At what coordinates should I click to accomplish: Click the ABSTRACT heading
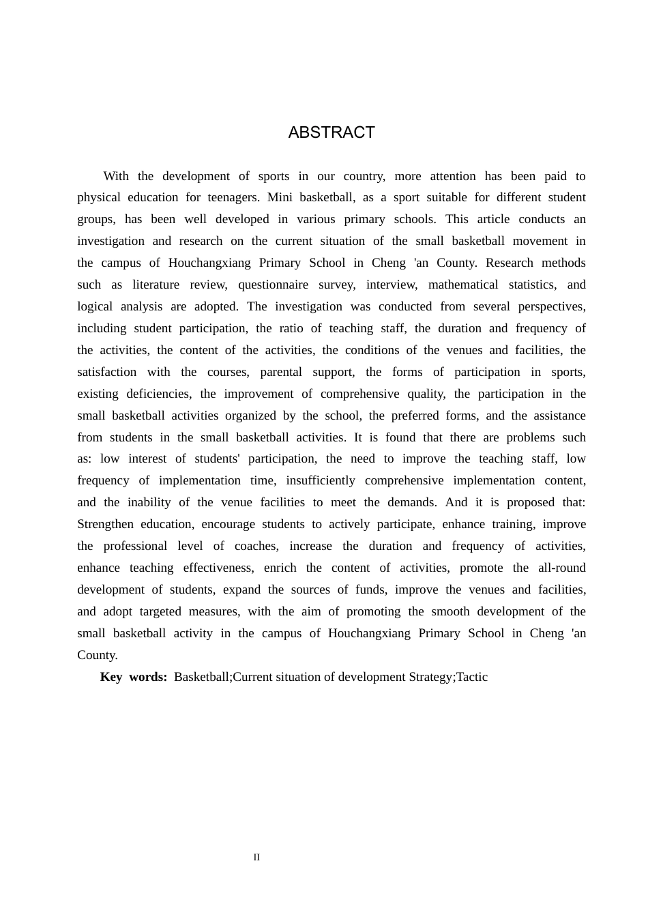click(332, 132)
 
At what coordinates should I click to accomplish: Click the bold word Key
click(111, 677)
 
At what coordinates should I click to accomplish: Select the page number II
click(256, 858)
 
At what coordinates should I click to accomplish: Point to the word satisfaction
click(106, 372)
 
